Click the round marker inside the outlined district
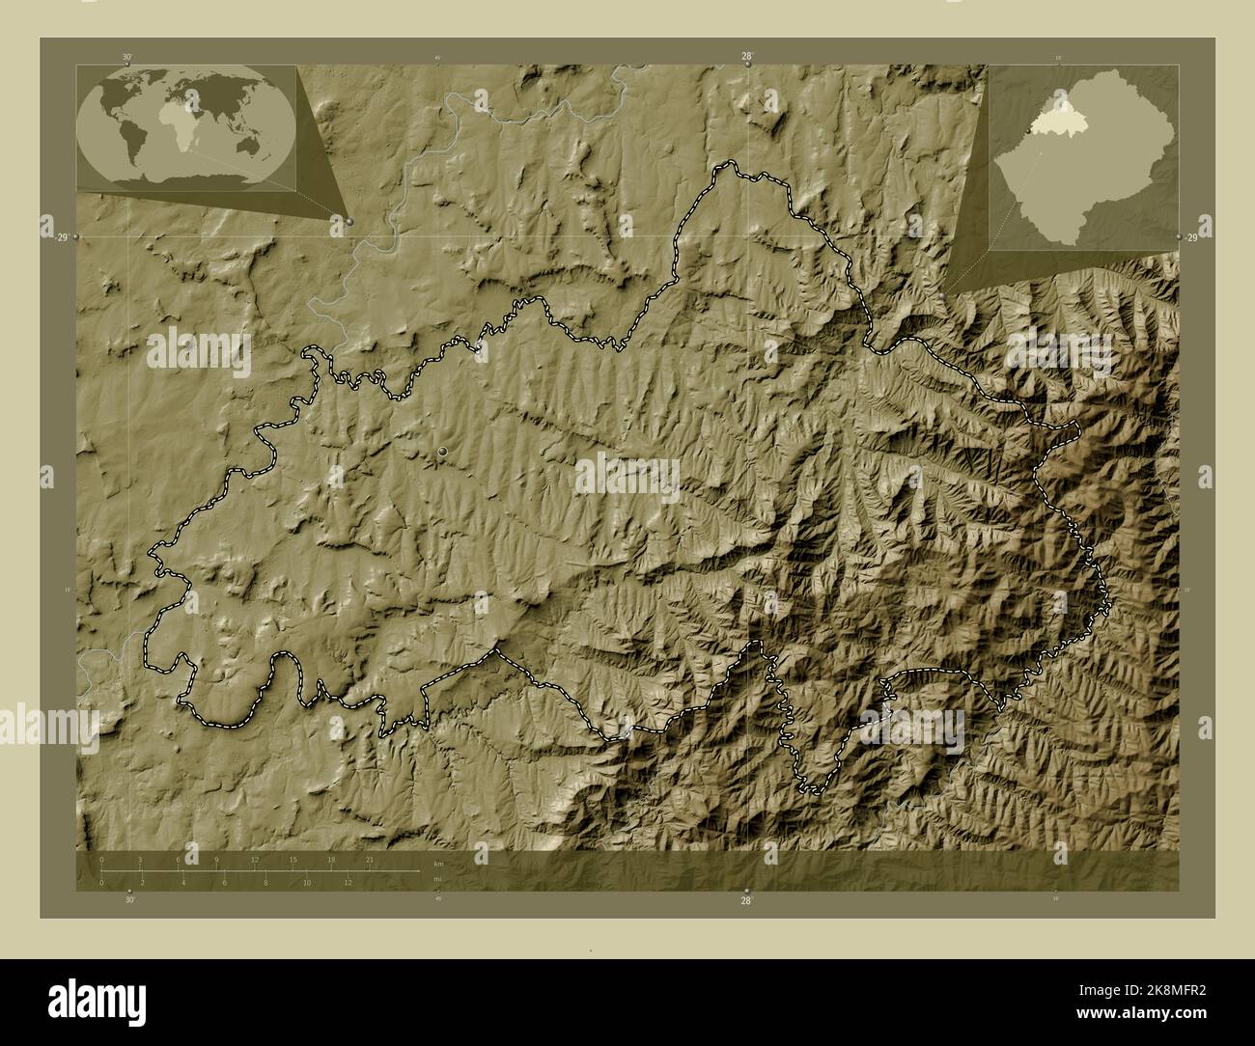[443, 451]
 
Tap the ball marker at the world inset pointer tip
[349, 221]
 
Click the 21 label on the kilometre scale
[369, 859]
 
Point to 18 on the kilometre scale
[331, 859]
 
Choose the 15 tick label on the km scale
[293, 859]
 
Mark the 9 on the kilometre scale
[216, 859]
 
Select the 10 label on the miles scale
[307, 882]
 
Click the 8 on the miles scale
[265, 882]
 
